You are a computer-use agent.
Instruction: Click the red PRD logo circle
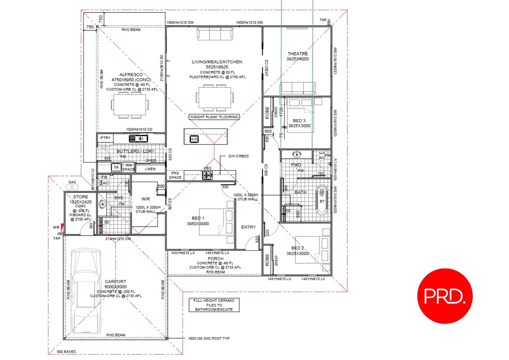tap(445, 296)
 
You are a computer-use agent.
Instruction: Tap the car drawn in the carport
tap(86, 290)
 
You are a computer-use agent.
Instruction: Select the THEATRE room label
tap(297, 54)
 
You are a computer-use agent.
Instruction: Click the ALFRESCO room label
tap(131, 75)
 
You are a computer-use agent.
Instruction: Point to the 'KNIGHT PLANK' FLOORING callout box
tap(214, 117)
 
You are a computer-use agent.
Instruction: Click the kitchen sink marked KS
tap(194, 139)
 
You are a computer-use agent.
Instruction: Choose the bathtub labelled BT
tap(322, 200)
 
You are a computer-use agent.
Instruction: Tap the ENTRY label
tap(248, 227)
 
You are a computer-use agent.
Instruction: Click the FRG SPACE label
tap(175, 175)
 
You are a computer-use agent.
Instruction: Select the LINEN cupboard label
tap(150, 169)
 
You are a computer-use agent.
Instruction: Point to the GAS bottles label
tap(72, 182)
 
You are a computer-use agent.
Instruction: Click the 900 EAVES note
tap(66, 352)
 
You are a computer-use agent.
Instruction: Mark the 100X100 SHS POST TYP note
tap(209, 339)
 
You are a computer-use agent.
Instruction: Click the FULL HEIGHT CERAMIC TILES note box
tap(214, 305)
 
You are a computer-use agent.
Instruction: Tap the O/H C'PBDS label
tap(238, 156)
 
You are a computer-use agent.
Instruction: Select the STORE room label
tap(81, 197)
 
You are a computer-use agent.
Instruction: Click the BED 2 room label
tap(297, 248)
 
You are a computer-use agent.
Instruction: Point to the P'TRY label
tap(105, 138)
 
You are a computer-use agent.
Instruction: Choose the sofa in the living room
tap(215, 34)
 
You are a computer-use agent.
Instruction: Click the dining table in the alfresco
tap(130, 105)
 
